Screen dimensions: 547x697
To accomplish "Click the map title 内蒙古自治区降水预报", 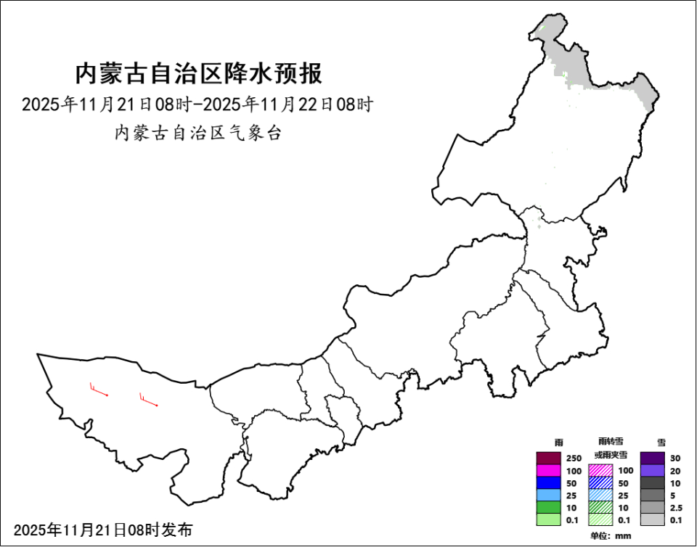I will (x=198, y=74).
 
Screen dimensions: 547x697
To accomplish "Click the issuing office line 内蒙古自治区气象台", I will (x=197, y=133).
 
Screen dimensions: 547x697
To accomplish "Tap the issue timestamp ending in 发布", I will (x=103, y=530).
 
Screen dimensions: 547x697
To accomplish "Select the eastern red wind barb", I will (x=149, y=400).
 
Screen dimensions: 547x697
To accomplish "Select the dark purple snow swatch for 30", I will (x=653, y=458).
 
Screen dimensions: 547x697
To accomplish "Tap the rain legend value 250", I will (x=574, y=458).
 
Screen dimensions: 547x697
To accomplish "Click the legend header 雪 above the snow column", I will (x=661, y=442).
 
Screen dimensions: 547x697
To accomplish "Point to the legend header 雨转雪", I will (x=611, y=441).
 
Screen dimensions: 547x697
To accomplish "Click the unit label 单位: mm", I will (x=611, y=536).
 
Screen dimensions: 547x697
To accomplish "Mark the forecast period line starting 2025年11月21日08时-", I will (x=197, y=104).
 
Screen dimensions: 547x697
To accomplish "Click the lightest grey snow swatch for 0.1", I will (x=653, y=519).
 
